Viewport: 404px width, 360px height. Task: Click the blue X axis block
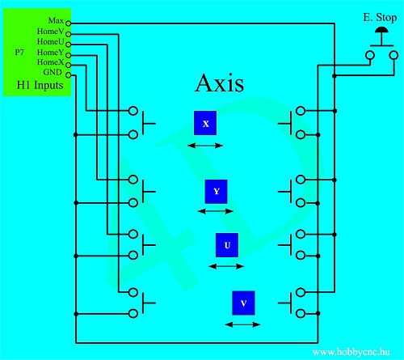(205, 123)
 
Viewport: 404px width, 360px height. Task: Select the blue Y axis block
(216, 192)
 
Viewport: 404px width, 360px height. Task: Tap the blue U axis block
(227, 245)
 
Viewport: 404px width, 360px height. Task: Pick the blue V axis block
(243, 303)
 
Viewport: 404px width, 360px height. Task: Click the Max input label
(56, 20)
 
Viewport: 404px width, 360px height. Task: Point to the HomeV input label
(51, 32)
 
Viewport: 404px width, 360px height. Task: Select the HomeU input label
(51, 41)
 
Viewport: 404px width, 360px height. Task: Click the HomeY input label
(51, 52)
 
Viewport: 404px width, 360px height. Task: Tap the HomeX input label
(51, 62)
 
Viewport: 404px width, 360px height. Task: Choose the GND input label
(53, 72)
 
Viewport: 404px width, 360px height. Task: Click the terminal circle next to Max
(69, 23)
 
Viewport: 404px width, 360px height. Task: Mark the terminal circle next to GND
(69, 75)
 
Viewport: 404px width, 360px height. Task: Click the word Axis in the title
(220, 83)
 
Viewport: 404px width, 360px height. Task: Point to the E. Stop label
(380, 18)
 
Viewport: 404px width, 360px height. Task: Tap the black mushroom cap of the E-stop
(381, 30)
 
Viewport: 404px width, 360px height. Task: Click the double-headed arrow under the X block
(205, 146)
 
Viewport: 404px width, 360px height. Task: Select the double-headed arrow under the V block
(242, 324)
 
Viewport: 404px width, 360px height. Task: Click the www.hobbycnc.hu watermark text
(351, 352)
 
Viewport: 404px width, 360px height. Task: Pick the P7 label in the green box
(19, 52)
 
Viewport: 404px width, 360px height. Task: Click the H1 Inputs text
(40, 85)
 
